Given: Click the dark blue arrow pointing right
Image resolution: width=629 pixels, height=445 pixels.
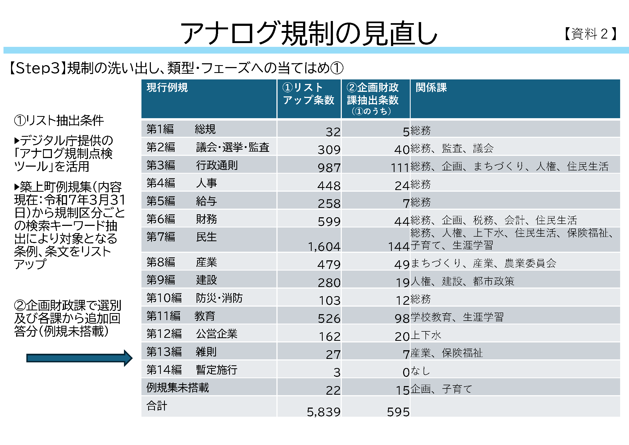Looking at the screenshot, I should click(x=79, y=358).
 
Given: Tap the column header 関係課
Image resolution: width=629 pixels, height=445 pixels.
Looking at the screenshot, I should click(x=431, y=88).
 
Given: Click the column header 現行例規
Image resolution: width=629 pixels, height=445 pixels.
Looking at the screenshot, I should click(x=167, y=88).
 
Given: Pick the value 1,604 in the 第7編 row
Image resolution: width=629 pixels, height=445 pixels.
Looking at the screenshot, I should click(x=324, y=247).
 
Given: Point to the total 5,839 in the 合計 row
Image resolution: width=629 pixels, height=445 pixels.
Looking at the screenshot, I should click(x=324, y=412).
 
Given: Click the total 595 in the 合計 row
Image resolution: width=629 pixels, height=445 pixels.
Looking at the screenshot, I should click(x=398, y=412).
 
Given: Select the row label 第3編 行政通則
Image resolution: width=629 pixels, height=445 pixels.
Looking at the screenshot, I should click(x=192, y=165).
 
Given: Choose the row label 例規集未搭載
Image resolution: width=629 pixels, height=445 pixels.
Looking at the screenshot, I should click(x=177, y=387).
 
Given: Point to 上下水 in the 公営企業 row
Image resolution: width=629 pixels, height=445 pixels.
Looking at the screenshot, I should click(x=426, y=335).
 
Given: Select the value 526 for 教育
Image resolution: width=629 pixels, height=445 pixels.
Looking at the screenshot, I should click(x=329, y=318).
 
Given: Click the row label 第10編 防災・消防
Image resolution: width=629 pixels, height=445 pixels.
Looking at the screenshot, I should click(x=194, y=298).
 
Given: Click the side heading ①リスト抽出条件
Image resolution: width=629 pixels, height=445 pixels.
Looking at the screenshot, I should click(x=59, y=121).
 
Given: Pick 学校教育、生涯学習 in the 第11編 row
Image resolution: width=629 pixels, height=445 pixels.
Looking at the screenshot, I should click(x=457, y=317).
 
